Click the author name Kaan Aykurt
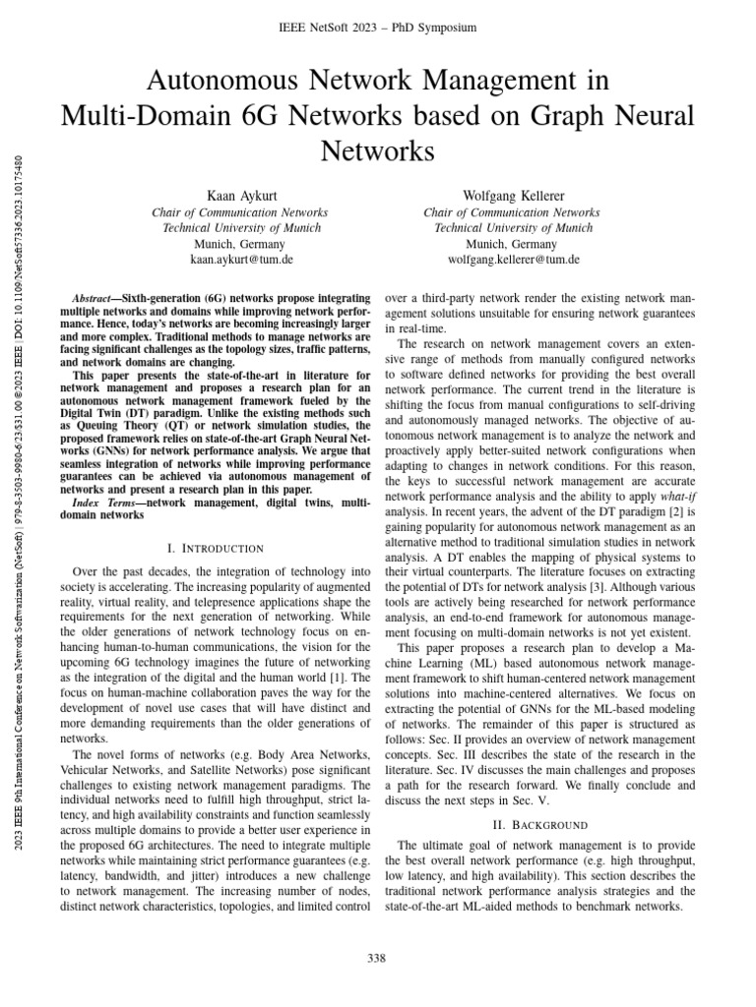240,196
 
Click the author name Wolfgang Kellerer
514,196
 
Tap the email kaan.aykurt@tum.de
241,260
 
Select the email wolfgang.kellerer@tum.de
514,260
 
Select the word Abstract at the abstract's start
95,296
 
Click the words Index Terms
102,503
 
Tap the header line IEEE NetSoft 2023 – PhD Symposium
378,28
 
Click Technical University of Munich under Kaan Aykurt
240,227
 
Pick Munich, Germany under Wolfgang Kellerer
514,244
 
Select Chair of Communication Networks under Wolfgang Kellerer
514,211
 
